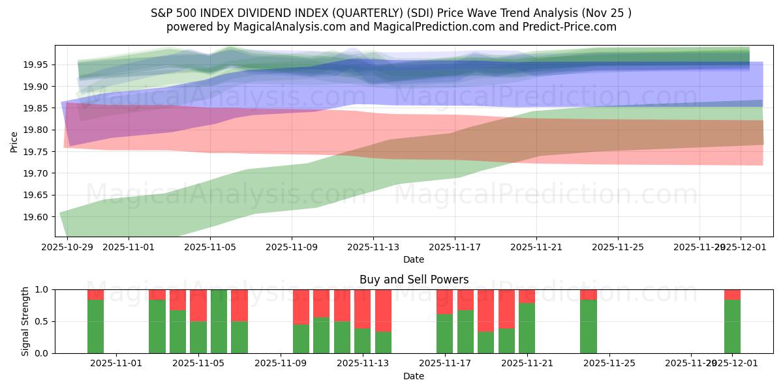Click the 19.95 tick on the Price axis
pos(38,65)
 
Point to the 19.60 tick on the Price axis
pos(38,217)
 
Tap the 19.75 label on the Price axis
pos(38,152)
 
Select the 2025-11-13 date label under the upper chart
pos(373,247)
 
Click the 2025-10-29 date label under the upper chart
pos(67,247)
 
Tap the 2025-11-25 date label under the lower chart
pos(609,364)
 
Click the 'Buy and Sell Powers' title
pos(414,280)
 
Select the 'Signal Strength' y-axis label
pos(25,321)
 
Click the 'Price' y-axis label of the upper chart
pos(14,141)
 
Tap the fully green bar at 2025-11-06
pos(219,321)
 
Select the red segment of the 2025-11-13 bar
pos(363,309)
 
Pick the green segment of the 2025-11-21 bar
pos(527,328)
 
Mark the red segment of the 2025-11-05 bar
pos(198,305)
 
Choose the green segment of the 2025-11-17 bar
pos(445,333)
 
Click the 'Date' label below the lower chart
pos(414,376)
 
